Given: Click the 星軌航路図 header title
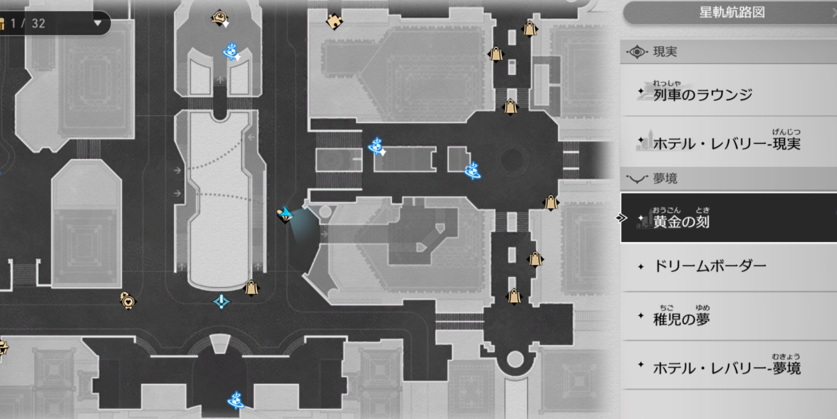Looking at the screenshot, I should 731,12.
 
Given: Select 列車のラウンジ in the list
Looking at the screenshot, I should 702,94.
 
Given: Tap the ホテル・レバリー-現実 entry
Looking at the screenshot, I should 726,143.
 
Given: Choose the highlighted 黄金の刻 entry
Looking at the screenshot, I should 681,221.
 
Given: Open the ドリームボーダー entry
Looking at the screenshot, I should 710,266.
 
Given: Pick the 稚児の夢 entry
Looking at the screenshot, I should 681,318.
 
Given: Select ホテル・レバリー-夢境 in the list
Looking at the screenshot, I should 726,368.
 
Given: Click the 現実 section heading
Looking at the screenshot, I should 665,52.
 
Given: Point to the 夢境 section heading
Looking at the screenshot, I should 665,179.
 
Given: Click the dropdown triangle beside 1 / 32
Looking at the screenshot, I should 97,23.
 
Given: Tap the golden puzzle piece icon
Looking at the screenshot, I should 334,21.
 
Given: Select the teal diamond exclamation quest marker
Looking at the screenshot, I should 222,301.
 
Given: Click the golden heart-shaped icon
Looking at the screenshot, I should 127,300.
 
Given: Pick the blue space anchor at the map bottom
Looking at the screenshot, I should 236,400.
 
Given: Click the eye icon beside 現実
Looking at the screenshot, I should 637,52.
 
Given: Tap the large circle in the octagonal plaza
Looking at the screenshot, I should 512,160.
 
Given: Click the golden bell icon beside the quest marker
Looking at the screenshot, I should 251,288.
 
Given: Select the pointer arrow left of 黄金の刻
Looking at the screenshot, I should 622,218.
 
